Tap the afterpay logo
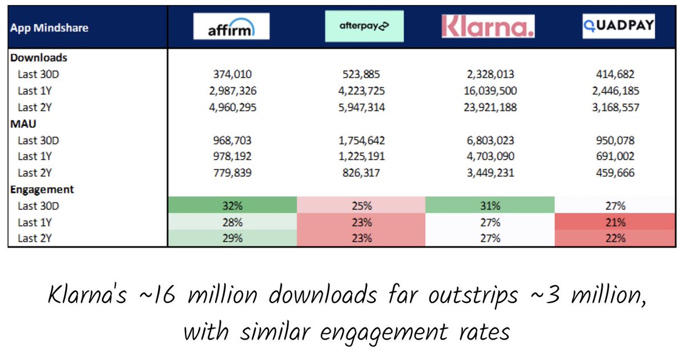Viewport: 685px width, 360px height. click(x=365, y=27)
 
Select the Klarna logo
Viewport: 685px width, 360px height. click(x=489, y=27)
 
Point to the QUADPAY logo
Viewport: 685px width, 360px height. click(x=619, y=27)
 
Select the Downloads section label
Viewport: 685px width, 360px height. click(x=39, y=58)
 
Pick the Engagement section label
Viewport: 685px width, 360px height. click(x=42, y=189)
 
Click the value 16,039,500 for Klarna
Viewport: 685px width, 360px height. click(x=489, y=91)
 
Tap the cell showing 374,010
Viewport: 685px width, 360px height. click(x=231, y=74)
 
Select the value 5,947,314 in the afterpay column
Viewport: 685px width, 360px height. click(x=361, y=107)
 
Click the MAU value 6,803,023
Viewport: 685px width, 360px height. click(x=489, y=140)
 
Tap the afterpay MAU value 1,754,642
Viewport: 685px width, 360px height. click(x=361, y=140)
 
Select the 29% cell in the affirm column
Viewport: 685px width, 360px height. click(x=231, y=238)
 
